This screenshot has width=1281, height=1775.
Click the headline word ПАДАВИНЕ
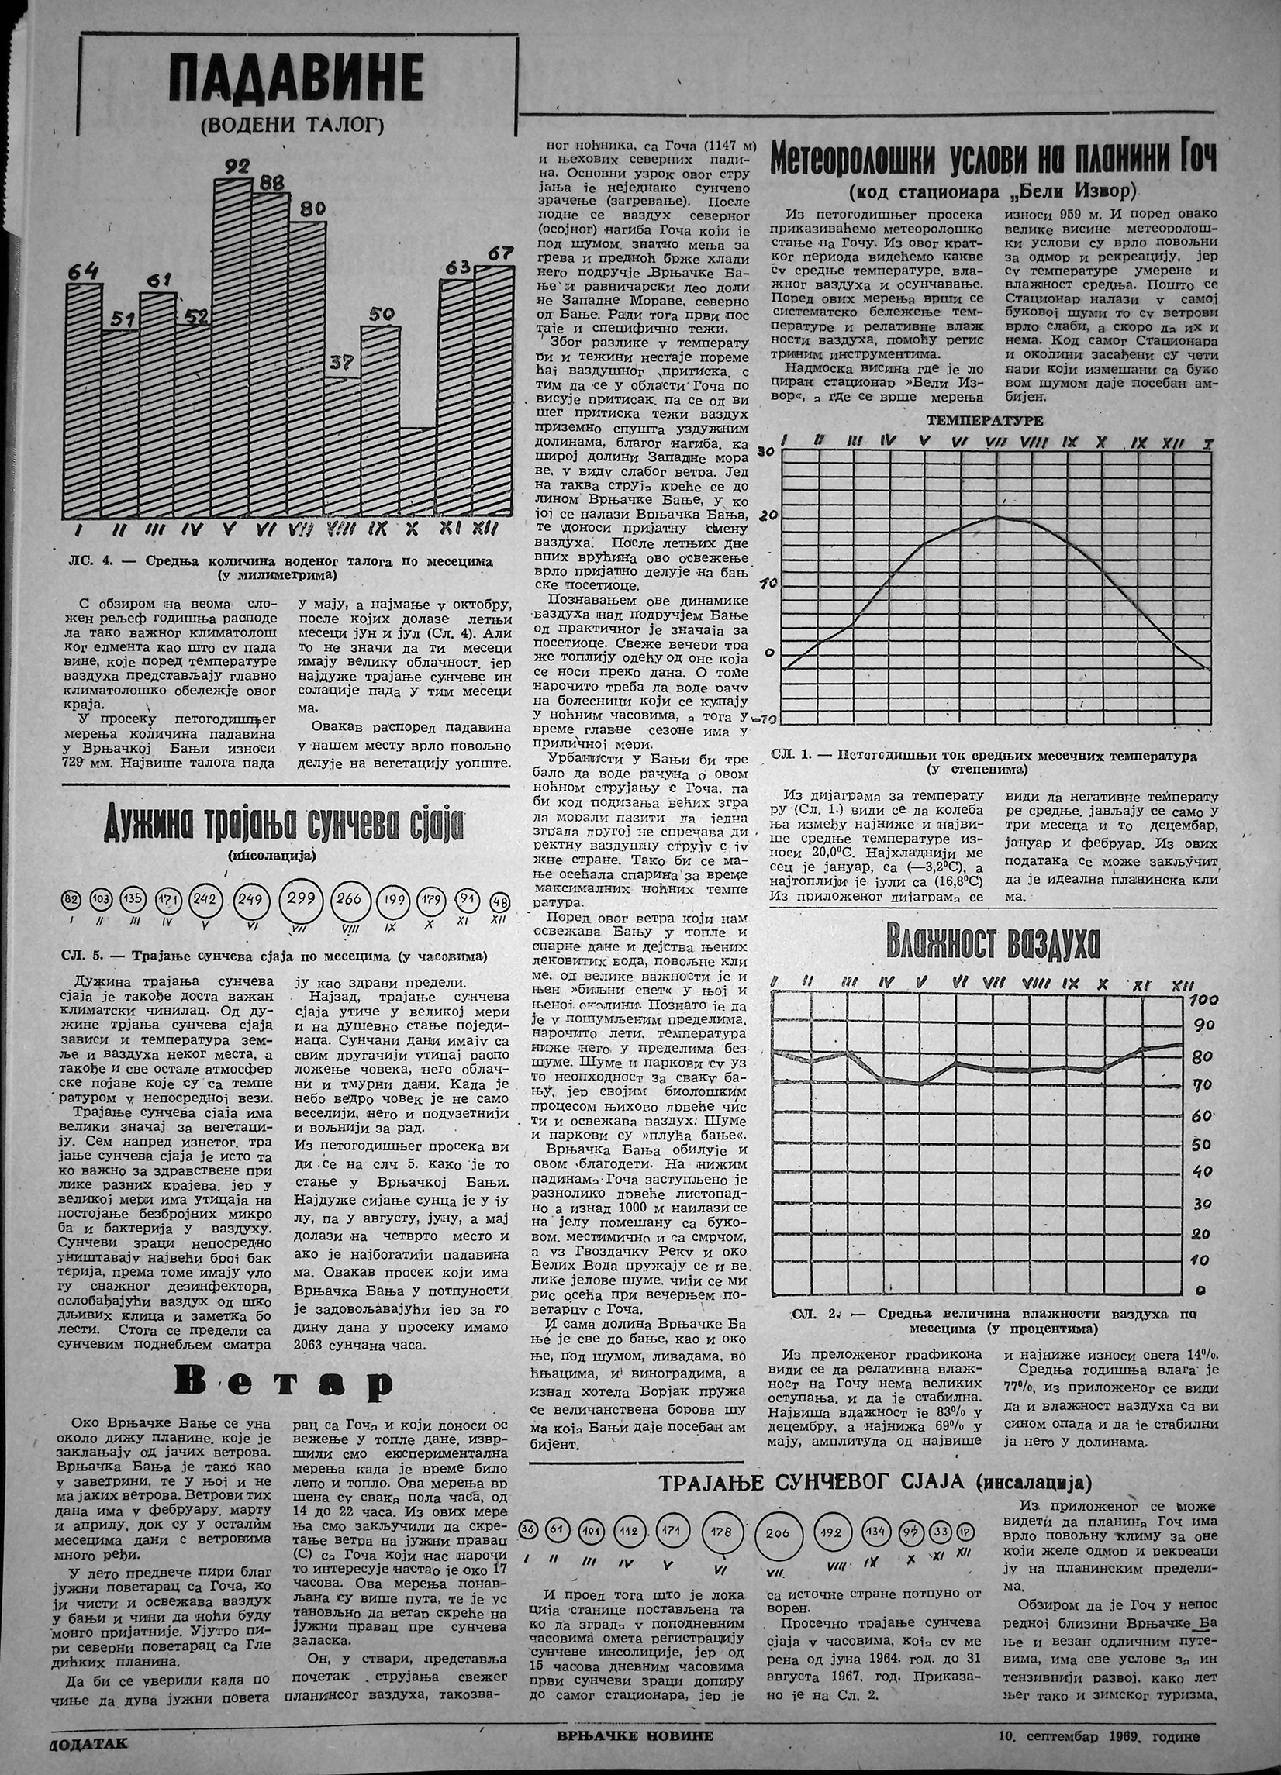(x=296, y=80)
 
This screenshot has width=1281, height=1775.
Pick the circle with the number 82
(x=71, y=901)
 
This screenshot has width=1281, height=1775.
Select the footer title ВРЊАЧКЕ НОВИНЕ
(x=640, y=1752)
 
